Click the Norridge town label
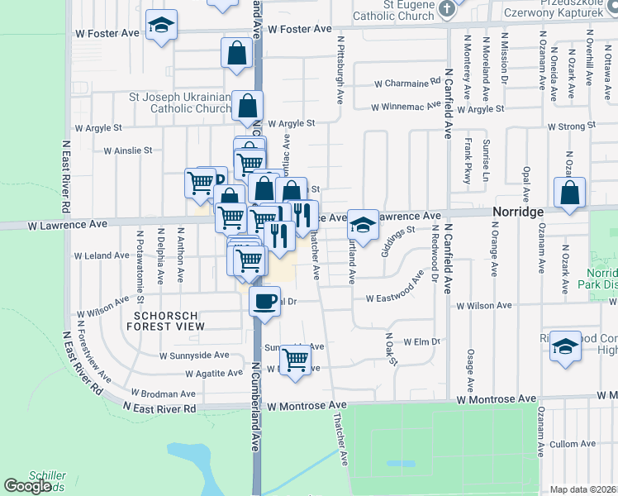518,212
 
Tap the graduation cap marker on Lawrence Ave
361,222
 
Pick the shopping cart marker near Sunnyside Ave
295,359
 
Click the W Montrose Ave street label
307,405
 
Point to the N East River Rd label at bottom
159,408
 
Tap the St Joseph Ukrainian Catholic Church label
179,103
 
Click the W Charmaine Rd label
407,83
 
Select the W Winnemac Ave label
402,107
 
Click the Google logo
27,485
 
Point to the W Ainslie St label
128,150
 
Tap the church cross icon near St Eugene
446,10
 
